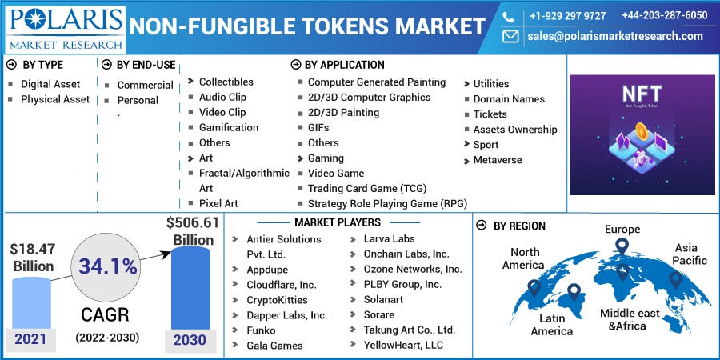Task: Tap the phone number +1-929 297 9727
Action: tap(567, 15)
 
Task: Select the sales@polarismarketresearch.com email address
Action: tap(614, 36)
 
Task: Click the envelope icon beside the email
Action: tap(510, 36)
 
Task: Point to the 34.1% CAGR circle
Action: tap(106, 266)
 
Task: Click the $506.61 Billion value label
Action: tap(192, 231)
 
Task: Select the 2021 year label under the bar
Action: tap(31, 340)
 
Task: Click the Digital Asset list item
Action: tap(50, 84)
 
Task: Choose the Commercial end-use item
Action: tap(145, 85)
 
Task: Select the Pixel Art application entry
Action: tap(218, 203)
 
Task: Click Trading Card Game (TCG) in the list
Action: tap(367, 188)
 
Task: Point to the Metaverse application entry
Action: tap(497, 160)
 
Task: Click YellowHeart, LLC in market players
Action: tap(402, 345)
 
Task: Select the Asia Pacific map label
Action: tap(690, 254)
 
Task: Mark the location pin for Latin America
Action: tap(574, 291)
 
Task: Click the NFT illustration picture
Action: tap(642, 134)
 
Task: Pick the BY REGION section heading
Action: tap(519, 226)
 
